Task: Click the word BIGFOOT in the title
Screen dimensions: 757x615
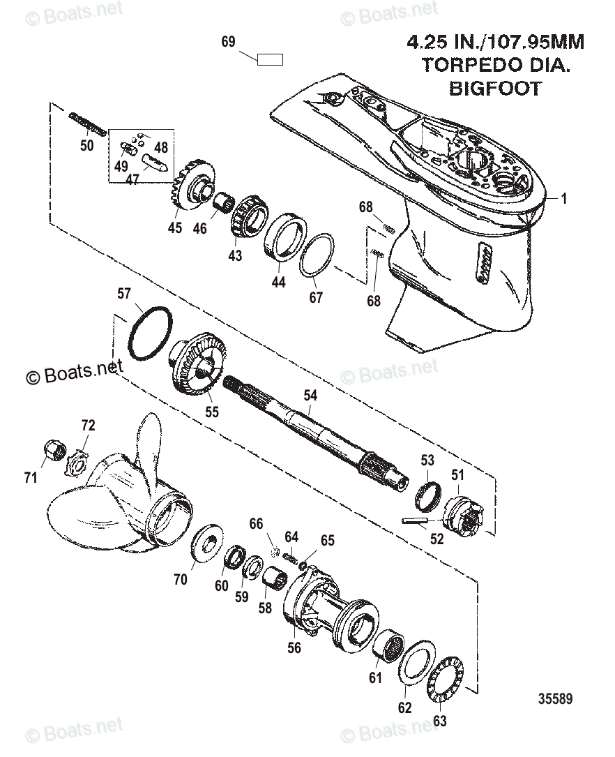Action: tap(494, 89)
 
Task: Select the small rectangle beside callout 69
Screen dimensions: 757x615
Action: tap(270, 59)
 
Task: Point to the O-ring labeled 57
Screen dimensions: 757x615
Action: tap(149, 332)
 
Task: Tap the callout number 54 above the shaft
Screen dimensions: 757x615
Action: tap(310, 396)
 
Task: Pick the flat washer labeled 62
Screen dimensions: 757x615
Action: tap(417, 666)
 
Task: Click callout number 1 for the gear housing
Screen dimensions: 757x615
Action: tap(564, 199)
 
